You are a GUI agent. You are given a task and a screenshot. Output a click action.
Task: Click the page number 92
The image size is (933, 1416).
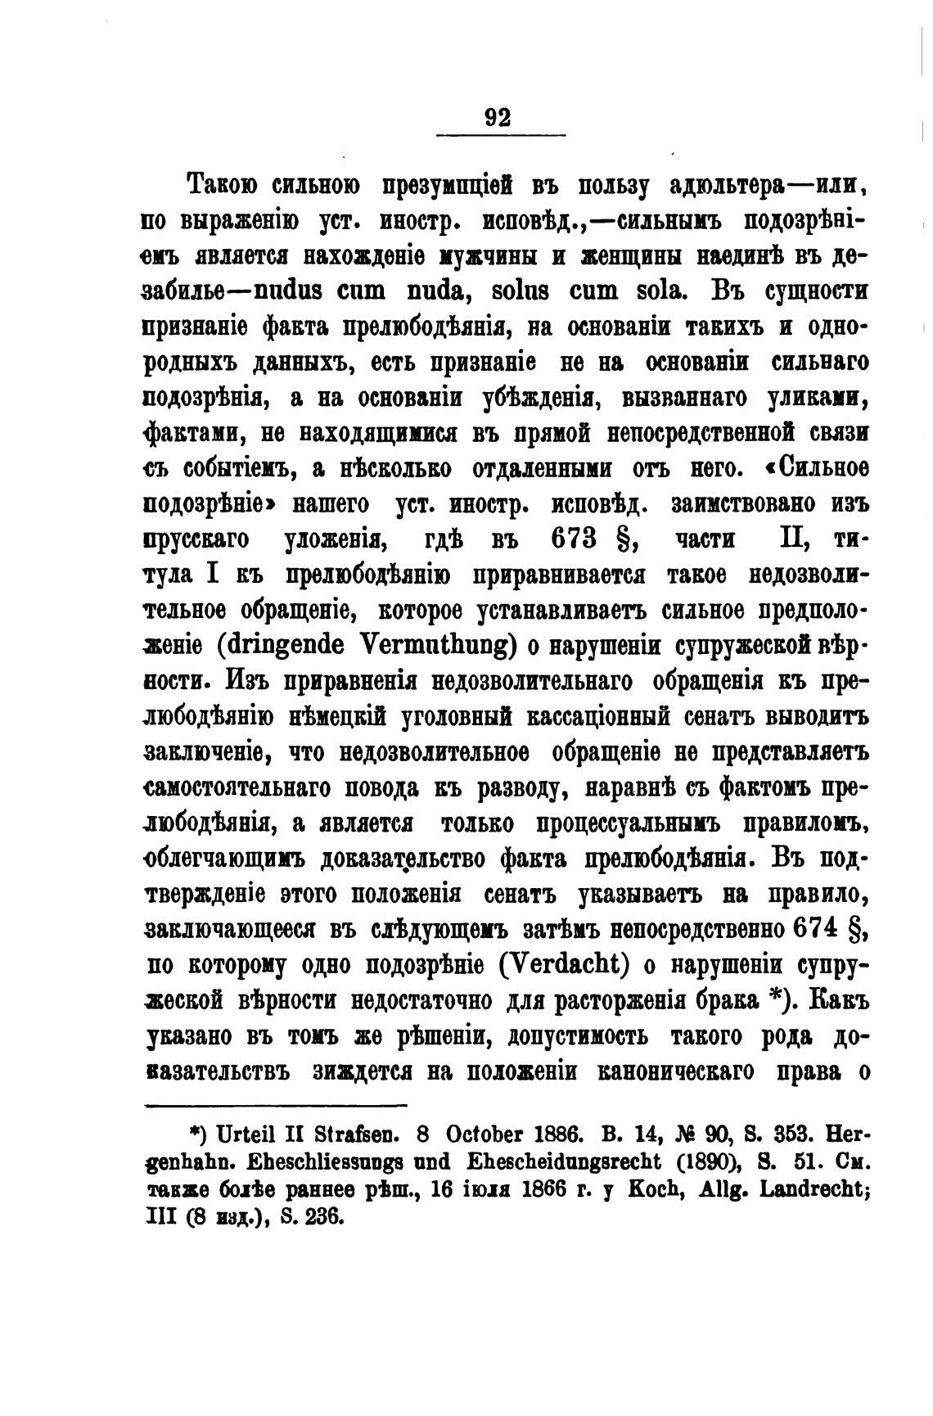498,117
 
